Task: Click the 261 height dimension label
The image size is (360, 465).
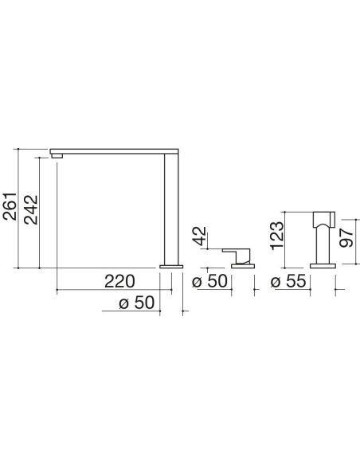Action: click(10, 206)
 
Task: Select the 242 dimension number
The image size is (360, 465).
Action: click(31, 209)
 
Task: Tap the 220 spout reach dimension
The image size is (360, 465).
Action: click(119, 281)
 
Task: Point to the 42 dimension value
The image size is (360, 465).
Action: click(200, 236)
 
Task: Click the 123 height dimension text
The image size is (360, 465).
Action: click(277, 236)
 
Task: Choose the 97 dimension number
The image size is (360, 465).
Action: click(346, 237)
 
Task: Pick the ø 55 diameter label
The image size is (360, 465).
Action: click(288, 281)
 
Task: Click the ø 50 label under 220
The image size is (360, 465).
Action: click(137, 303)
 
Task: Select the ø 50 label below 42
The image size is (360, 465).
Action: click(209, 281)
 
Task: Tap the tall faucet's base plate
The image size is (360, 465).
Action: click(171, 266)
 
